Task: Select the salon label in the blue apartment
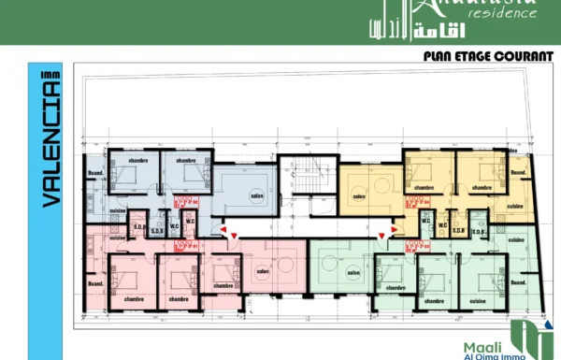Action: (255, 196)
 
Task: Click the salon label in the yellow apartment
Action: (359, 196)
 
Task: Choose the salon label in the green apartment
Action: (353, 273)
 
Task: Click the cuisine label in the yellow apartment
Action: (514, 206)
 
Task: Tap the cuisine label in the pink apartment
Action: (96, 242)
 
